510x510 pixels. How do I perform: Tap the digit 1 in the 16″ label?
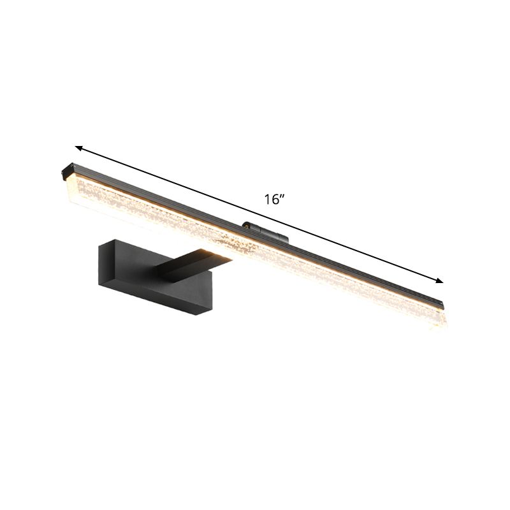[268, 200]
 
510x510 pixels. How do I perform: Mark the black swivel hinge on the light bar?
[264, 232]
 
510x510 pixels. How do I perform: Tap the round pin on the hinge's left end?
[245, 225]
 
